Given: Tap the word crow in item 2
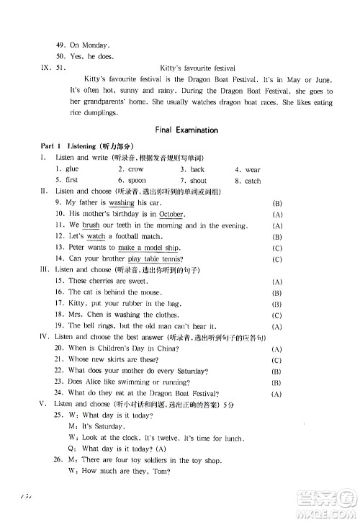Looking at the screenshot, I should [x=135, y=169].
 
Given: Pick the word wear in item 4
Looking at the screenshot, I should [x=253, y=170].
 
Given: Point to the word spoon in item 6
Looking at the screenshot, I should [x=136, y=181].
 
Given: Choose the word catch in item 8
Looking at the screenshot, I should [x=253, y=181].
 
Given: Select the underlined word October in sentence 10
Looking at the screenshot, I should [x=172, y=215].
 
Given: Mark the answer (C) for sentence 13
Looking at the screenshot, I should [x=277, y=248].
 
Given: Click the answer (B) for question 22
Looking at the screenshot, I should [x=276, y=372].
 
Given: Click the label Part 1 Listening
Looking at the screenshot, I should [x=66, y=146].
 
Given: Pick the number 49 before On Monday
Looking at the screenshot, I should [x=60, y=44].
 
